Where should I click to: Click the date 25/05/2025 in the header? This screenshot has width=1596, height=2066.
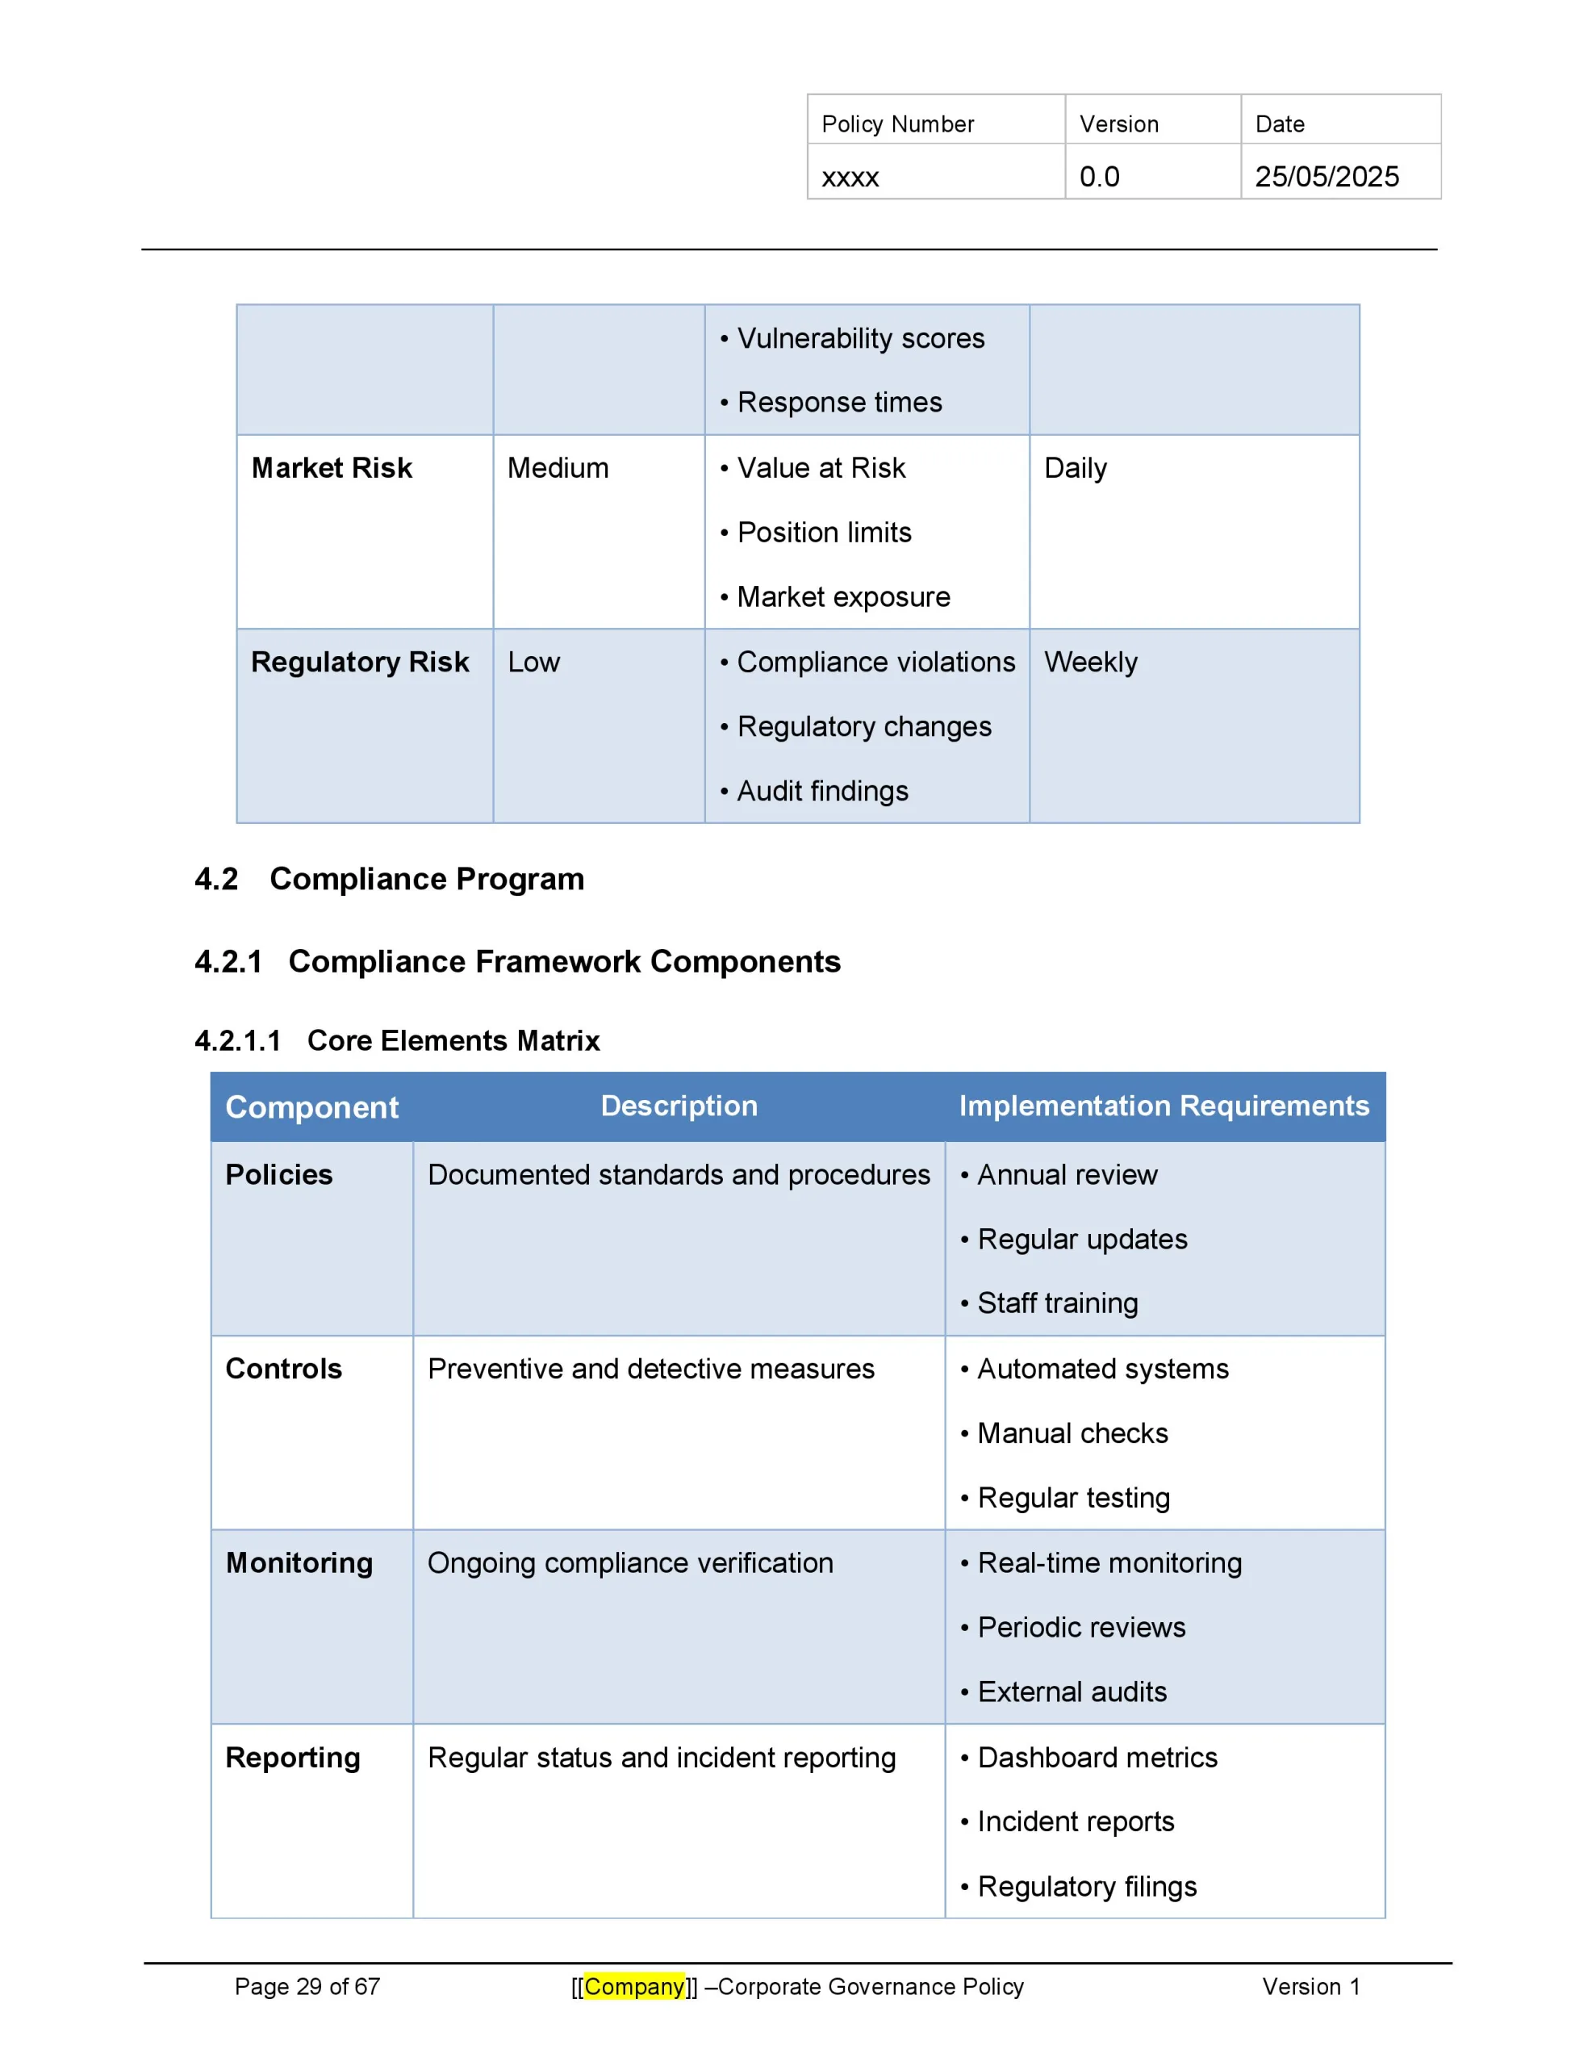[1326, 177]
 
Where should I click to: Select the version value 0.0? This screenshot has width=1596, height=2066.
[1098, 177]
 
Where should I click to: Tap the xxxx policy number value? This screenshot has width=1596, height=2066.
[850, 177]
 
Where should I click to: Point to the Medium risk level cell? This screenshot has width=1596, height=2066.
[558, 468]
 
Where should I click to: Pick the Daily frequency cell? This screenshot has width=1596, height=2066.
[1075, 468]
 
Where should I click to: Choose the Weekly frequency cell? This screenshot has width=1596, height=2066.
[1090, 663]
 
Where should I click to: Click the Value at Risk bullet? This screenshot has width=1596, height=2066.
[821, 468]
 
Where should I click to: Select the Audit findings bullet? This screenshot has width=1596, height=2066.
[821, 791]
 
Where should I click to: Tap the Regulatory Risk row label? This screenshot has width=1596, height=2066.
[360, 663]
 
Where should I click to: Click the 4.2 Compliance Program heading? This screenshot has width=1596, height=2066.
[389, 879]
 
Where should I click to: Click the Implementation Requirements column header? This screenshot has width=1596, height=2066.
[1163, 1106]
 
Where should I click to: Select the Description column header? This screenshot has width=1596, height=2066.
[679, 1106]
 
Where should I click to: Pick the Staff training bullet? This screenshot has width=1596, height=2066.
[1057, 1303]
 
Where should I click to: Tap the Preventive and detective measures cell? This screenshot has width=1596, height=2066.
[651, 1369]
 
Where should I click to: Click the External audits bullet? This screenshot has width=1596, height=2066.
[1071, 1692]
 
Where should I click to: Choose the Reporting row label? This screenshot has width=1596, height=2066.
[292, 1758]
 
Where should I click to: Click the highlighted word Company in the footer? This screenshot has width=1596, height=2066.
[634, 1987]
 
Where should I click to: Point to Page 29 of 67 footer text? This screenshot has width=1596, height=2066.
[307, 1987]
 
